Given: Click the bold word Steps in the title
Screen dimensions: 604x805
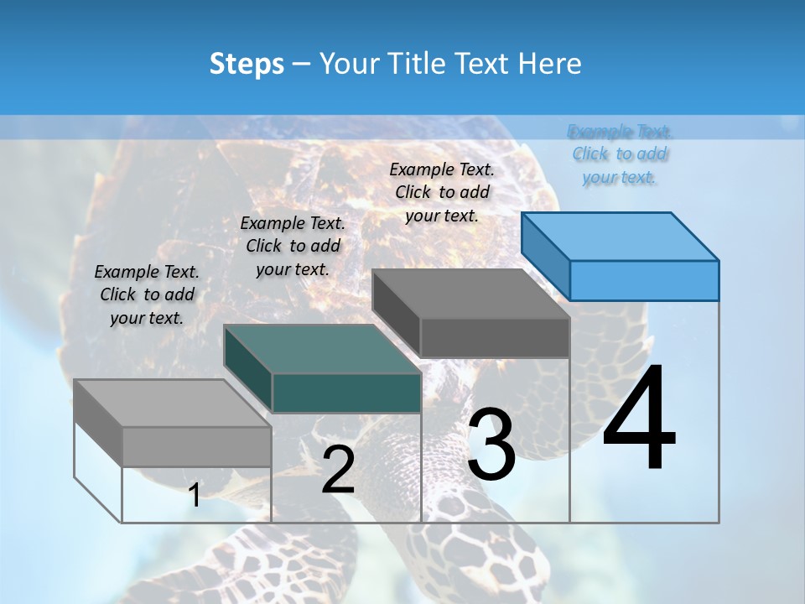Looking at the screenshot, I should click(x=247, y=64).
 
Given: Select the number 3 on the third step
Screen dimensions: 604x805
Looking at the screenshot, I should click(x=491, y=445).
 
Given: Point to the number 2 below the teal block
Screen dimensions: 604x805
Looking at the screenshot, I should click(x=338, y=471).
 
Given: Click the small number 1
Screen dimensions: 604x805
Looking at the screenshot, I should click(x=194, y=496).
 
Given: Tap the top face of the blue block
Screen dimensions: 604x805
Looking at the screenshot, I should click(x=621, y=237).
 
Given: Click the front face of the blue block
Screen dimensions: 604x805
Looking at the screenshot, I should click(x=644, y=280).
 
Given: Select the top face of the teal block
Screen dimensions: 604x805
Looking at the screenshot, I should click(x=323, y=349).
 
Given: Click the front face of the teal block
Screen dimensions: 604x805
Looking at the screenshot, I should click(x=346, y=393).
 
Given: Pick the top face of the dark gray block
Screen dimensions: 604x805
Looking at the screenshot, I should click(x=471, y=294).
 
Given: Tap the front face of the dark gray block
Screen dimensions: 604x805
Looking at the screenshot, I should click(x=495, y=337).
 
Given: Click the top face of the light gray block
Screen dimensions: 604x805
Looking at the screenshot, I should click(x=173, y=404).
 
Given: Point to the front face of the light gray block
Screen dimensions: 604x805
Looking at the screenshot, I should click(x=196, y=446).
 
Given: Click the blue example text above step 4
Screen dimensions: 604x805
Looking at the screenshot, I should click(x=620, y=154).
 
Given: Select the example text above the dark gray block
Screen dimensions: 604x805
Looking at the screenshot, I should click(x=442, y=192).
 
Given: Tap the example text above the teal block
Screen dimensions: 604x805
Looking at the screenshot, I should click(x=293, y=246).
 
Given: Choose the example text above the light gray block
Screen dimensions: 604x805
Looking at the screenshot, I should click(x=147, y=294).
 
